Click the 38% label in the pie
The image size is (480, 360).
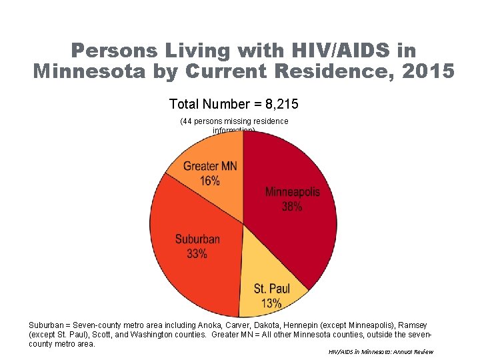(x=292, y=207)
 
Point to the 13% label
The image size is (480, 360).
(x=272, y=304)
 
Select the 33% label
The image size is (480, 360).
(x=197, y=253)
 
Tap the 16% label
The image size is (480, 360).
(x=209, y=181)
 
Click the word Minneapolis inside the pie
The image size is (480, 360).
(x=292, y=192)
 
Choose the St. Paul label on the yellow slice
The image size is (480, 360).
(x=272, y=289)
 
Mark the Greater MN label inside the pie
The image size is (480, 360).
(x=209, y=166)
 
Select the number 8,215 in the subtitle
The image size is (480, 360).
(x=281, y=104)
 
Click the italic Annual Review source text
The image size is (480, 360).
(x=409, y=352)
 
